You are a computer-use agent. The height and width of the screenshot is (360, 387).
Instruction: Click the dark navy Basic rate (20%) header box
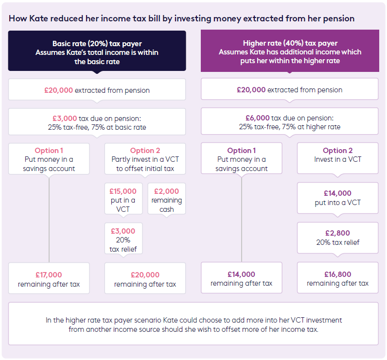tap(97, 51)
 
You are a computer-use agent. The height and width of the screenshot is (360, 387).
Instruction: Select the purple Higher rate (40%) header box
tap(290, 51)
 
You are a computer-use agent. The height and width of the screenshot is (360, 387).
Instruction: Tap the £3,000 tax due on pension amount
tap(65, 118)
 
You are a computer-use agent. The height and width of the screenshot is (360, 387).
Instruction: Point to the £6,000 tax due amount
tap(258, 118)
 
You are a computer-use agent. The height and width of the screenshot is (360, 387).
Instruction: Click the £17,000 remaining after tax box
tap(49, 279)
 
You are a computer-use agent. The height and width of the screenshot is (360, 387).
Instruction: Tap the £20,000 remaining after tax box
tap(145, 279)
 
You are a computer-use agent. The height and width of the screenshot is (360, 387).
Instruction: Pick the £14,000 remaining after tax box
tap(241, 278)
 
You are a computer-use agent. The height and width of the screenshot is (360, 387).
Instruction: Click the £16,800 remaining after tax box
tap(337, 278)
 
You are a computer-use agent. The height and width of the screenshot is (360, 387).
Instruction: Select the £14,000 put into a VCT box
tap(337, 198)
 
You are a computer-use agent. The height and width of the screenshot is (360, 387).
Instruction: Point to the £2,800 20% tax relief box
tap(337, 238)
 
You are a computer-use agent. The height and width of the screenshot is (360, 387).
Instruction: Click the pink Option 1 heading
tap(49, 151)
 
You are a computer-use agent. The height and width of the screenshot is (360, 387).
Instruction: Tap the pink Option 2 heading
tap(145, 151)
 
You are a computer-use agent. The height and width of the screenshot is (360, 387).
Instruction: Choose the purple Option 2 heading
tap(337, 151)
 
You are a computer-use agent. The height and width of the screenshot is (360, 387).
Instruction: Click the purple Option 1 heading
tap(242, 151)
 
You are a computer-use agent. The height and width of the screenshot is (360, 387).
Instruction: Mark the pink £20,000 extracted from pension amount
tap(59, 90)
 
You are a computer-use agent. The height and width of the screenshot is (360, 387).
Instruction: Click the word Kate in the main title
tap(35, 18)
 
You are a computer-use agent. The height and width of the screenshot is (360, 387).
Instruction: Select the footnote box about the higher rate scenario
tap(193, 324)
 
